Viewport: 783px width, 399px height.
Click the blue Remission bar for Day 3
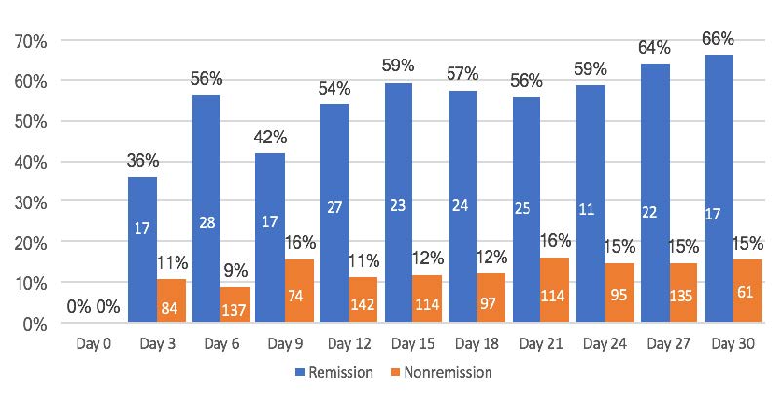pos(142,249)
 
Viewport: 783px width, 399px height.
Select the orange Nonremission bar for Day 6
pos(234,303)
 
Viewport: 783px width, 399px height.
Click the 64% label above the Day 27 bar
pos(654,47)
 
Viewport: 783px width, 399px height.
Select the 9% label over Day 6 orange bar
pos(235,267)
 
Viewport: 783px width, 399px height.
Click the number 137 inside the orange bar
pos(235,310)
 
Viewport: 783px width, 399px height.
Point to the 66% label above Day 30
pos(718,38)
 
